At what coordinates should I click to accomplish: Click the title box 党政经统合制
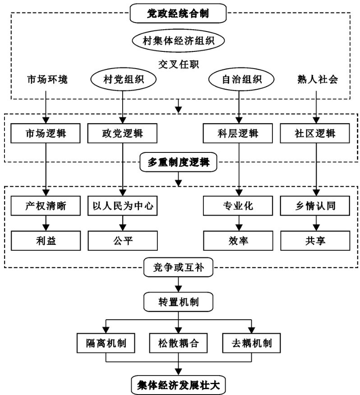(x=179, y=14)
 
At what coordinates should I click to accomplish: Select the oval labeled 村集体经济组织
(x=179, y=41)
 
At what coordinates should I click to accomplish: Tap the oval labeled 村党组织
(x=123, y=80)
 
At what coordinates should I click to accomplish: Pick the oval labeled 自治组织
(x=236, y=80)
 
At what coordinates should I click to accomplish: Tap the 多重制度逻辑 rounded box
(x=179, y=162)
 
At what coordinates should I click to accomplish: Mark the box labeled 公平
(x=123, y=240)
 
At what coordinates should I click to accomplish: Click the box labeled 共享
(x=315, y=240)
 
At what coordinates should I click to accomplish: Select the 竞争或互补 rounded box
(x=179, y=268)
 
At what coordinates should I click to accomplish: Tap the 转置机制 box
(x=179, y=301)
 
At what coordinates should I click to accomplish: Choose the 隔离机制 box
(x=106, y=344)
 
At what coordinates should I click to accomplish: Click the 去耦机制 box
(x=251, y=344)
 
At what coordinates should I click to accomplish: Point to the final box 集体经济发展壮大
(x=179, y=384)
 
